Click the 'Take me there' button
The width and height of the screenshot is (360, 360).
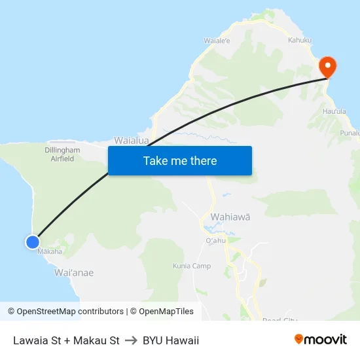[x=180, y=161]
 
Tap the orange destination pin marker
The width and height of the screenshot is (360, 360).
[x=327, y=67]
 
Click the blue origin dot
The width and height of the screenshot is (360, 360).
[x=33, y=242]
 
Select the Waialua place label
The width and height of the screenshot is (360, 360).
[x=131, y=140]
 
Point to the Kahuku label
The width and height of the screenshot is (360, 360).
[x=300, y=41]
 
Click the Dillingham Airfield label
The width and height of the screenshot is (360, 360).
[x=62, y=154]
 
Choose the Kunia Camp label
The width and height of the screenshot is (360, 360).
[x=192, y=266]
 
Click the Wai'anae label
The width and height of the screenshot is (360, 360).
[x=74, y=272]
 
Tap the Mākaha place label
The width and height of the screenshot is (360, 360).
[x=50, y=251]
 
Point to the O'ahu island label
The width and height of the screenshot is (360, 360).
[x=215, y=240]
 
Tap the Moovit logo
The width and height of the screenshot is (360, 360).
[x=320, y=339]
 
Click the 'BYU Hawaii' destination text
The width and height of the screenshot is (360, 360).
[x=171, y=340]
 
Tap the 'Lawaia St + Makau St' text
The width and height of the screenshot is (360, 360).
[x=66, y=340]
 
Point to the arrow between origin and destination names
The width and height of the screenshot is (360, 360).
[x=131, y=340]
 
